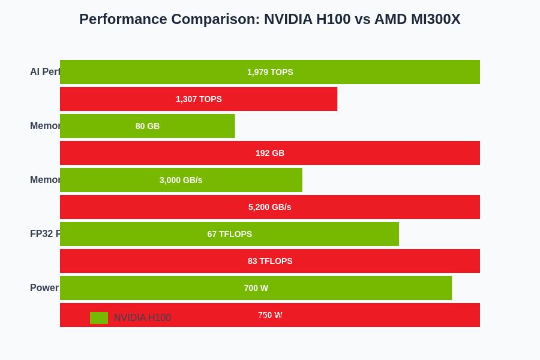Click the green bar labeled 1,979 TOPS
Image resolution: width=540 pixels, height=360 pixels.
[270, 72]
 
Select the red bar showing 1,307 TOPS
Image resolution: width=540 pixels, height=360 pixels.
[199, 99]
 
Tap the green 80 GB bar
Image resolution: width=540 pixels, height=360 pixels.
[148, 126]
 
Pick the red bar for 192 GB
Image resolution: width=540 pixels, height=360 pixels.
[270, 153]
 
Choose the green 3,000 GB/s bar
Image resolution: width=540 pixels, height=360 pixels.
[181, 180]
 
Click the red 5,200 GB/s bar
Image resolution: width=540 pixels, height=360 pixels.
[270, 207]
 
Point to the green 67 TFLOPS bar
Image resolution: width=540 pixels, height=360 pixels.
[229, 234]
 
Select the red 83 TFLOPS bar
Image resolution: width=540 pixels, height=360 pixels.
[270, 261]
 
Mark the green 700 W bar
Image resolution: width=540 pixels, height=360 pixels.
[256, 288]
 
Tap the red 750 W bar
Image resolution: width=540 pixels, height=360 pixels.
[360, 315]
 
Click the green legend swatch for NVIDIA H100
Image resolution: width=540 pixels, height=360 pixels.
[99, 318]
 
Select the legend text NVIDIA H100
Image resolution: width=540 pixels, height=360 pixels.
[142, 318]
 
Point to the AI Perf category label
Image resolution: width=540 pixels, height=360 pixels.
[45, 72]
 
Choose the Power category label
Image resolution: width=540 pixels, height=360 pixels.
[44, 288]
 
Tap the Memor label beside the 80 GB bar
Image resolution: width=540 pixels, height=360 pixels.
[45, 126]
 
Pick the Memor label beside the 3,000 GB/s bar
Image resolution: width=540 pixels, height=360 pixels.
[45, 180]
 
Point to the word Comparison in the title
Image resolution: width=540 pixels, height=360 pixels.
[215, 19]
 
